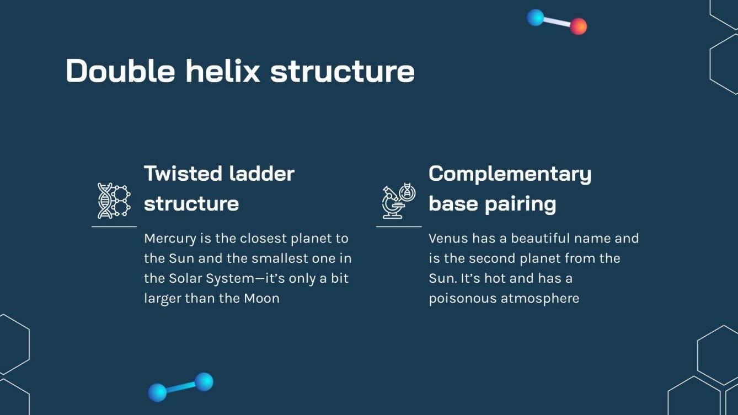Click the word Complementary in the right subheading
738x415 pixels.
click(x=510, y=174)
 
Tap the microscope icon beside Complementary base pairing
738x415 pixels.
click(x=398, y=201)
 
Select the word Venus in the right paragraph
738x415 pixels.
click(x=447, y=239)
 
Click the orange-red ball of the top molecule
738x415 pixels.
click(x=578, y=26)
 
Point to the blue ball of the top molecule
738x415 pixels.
click(x=535, y=18)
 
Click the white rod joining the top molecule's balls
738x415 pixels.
click(x=557, y=22)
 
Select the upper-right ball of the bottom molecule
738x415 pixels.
click(x=204, y=381)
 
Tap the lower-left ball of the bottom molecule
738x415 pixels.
click(x=157, y=392)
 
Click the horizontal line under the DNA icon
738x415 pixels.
click(x=114, y=227)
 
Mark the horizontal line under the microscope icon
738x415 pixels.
click(x=398, y=227)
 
